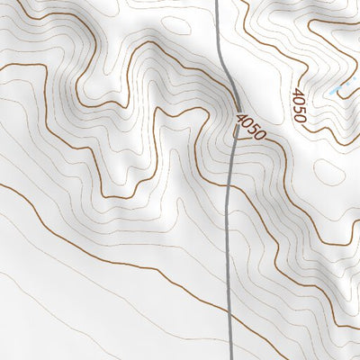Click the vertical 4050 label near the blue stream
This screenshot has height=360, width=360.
click(299, 105)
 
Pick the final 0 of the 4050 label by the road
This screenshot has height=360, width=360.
click(261, 135)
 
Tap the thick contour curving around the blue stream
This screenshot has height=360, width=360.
click(346, 121)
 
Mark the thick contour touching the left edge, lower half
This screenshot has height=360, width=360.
click(3, 186)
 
